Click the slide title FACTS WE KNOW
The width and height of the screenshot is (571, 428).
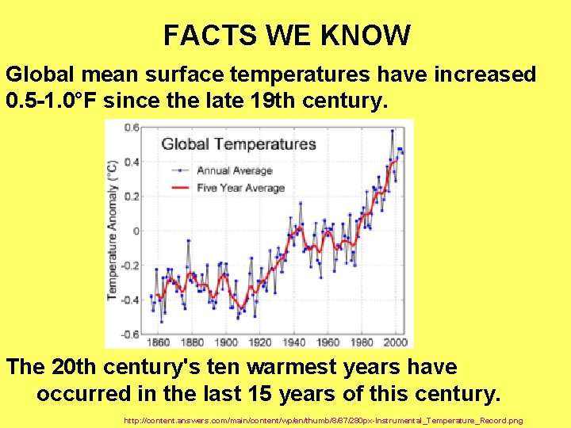pos(286,36)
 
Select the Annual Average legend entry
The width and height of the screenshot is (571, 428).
pos(234,170)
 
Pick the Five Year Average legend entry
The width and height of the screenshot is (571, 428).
pos(240,188)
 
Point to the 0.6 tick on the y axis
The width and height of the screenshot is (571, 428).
pos(131,128)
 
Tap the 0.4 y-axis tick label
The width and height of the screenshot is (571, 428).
pos(131,162)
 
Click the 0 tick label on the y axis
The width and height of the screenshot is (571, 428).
pos(136,231)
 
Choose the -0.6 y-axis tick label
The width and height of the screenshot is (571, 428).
pos(129,334)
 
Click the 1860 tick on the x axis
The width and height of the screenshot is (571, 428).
pos(159,342)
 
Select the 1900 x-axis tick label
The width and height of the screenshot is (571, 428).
pos(226,342)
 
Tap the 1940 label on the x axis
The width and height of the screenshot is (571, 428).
pos(293,342)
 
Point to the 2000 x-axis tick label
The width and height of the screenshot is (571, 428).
pos(395,342)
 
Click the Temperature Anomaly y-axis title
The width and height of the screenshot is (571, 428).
pos(113,230)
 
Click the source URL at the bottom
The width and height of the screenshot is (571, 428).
pos(324,419)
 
